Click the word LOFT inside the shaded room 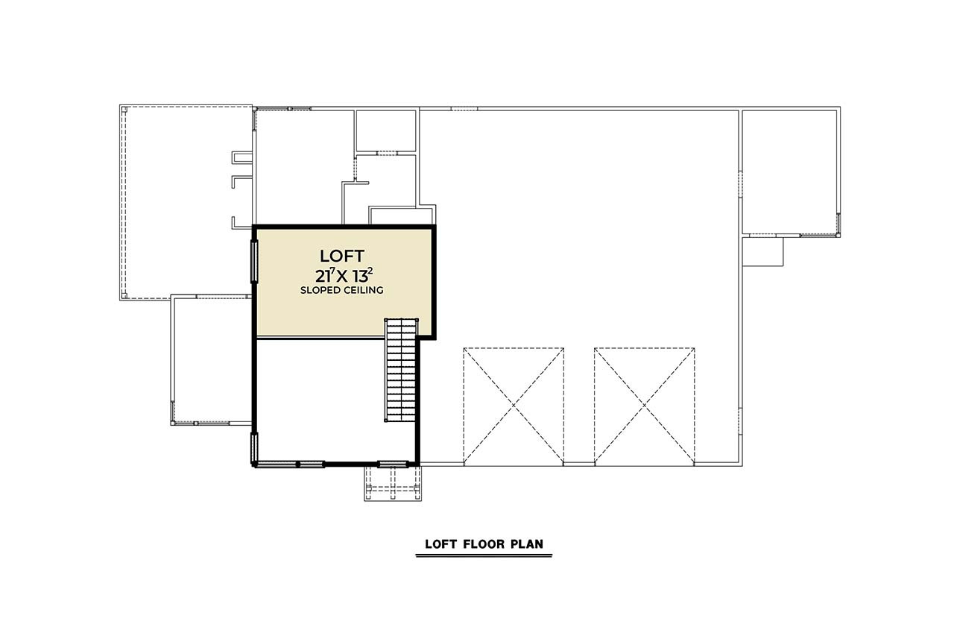[x=342, y=256]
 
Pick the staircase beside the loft [x=400, y=370]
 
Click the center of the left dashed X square [x=514, y=406]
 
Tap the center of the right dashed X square [x=645, y=406]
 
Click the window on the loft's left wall [x=253, y=262]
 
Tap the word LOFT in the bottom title [x=440, y=544]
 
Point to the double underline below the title [x=484, y=555]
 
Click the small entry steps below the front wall [x=393, y=483]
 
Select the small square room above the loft [x=385, y=130]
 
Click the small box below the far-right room [x=762, y=252]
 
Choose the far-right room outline [x=791, y=171]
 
